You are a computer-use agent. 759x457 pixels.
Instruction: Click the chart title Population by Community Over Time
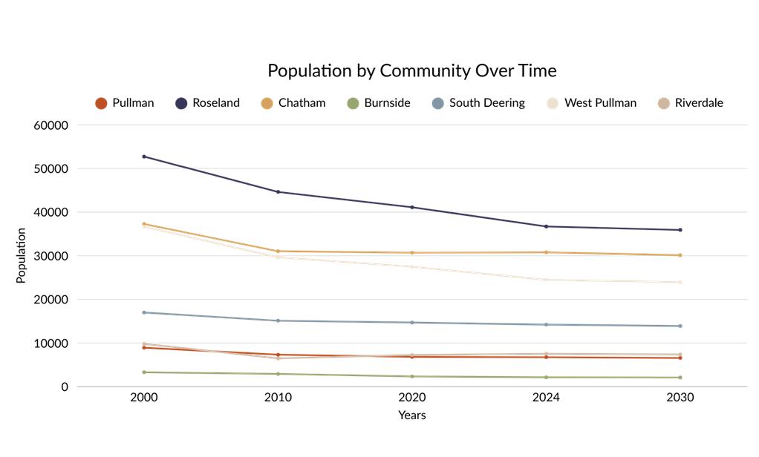point(412,70)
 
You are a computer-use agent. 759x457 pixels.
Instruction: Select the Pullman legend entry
point(125,103)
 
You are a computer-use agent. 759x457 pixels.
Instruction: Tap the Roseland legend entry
point(207,103)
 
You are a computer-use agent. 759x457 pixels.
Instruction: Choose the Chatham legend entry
point(293,103)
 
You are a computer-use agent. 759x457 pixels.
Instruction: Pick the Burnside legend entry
point(379,103)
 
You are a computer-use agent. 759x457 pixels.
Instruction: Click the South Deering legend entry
point(478,103)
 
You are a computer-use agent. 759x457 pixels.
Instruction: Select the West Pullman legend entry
point(591,103)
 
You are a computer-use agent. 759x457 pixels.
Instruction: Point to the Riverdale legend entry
point(690,103)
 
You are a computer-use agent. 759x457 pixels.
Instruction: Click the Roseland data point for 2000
point(144,157)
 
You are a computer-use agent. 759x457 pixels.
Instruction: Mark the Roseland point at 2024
point(546,226)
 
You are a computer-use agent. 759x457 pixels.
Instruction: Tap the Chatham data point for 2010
point(278,251)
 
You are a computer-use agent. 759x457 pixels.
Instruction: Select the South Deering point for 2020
point(412,323)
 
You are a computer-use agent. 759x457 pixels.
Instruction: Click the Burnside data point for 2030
point(680,378)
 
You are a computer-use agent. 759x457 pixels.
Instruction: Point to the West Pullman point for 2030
point(680,283)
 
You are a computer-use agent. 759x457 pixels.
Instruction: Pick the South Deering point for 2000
point(144,312)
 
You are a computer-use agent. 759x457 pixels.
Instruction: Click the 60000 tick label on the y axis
point(51,125)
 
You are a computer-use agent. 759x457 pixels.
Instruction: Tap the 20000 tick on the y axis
point(51,300)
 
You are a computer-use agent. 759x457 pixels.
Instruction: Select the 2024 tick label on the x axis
point(546,398)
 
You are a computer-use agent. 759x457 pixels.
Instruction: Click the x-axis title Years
point(412,415)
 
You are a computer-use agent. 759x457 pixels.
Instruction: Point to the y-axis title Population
point(20,255)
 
